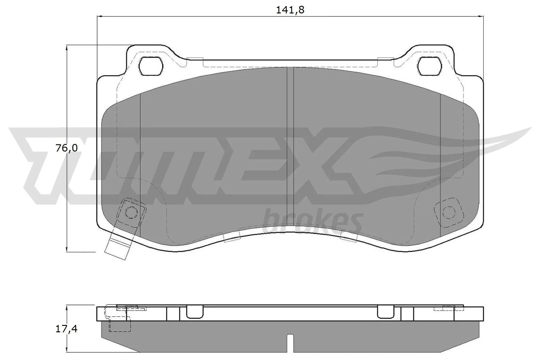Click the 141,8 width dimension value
(x=290, y=10)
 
